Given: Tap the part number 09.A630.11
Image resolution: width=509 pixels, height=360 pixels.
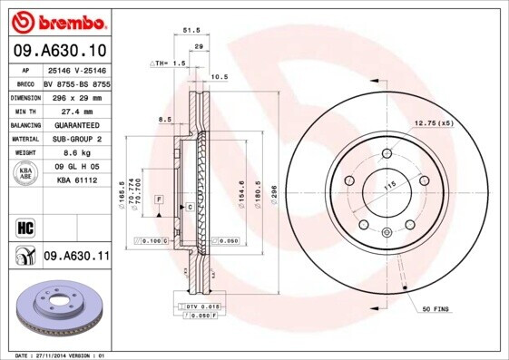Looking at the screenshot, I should tap(76, 258).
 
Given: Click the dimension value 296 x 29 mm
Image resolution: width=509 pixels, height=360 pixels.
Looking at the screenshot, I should tap(76, 95).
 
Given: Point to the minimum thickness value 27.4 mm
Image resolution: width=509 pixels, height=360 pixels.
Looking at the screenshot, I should tap(76, 110).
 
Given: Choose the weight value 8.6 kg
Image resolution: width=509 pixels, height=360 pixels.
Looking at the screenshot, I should tap(76, 153).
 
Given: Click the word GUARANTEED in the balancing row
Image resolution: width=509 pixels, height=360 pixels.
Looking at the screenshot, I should tap(76, 124).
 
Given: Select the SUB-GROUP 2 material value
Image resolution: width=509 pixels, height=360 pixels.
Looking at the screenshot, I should tap(76, 139).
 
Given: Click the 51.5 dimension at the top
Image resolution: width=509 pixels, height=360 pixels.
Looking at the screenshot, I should tap(192, 30).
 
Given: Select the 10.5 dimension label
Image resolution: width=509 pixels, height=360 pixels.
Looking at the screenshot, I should tap(219, 77).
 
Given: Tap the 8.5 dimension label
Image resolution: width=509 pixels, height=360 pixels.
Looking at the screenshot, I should tap(164, 120).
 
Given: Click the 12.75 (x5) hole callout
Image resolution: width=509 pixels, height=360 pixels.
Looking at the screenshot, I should tap(433, 122).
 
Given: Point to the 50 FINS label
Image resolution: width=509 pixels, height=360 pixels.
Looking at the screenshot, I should tap(436, 310).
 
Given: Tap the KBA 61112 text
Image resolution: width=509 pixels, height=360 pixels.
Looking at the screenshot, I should tap(76, 180).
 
